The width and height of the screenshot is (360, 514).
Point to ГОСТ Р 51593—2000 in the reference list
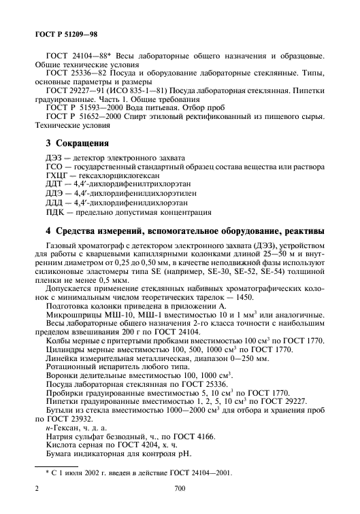[x=81, y=107]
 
